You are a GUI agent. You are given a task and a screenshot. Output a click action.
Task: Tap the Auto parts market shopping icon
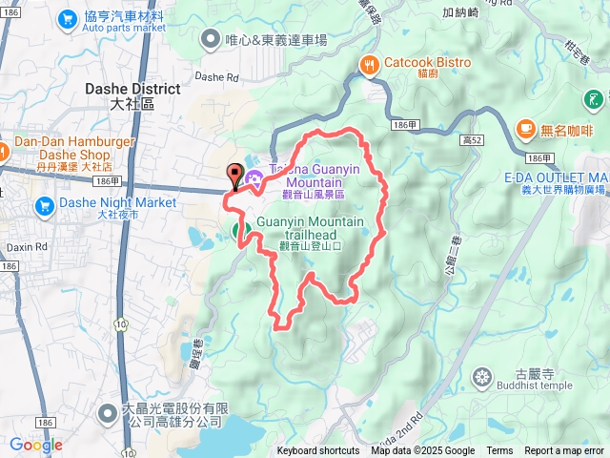67,18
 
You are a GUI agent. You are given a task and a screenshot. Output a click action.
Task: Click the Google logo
36,445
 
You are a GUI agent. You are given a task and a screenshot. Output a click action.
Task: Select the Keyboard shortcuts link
318,451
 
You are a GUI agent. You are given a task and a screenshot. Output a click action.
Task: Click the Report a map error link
564,451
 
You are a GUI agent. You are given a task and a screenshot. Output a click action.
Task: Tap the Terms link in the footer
499,451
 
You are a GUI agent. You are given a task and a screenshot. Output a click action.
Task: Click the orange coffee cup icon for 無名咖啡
524,128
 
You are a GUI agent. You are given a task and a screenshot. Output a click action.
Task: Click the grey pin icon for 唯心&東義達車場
211,39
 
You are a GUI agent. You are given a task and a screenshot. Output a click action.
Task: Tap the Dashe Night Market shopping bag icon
44,204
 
